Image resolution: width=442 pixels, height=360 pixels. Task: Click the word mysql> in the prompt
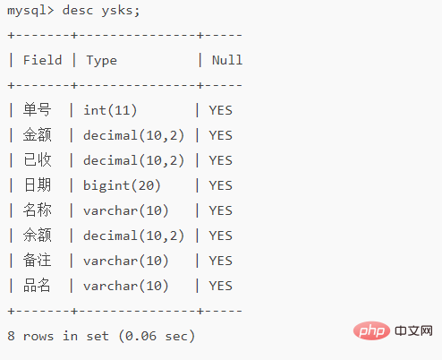click(x=30, y=12)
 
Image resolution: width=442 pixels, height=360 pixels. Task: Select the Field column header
click(x=43, y=60)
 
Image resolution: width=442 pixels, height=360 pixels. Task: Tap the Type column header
click(x=102, y=61)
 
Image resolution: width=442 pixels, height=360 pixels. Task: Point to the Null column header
click(x=227, y=60)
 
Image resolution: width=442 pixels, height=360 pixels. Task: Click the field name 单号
click(x=38, y=109)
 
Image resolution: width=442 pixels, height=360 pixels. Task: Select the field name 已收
click(x=38, y=159)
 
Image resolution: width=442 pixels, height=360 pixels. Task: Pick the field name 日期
click(x=38, y=184)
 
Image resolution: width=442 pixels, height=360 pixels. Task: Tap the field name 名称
click(x=38, y=210)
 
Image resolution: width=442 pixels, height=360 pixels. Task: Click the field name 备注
click(x=38, y=260)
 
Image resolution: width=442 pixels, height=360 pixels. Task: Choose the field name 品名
click(x=38, y=285)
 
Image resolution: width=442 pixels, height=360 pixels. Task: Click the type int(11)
click(x=110, y=110)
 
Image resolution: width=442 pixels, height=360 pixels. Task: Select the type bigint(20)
click(x=122, y=185)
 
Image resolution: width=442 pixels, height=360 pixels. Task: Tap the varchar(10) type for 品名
click(x=126, y=286)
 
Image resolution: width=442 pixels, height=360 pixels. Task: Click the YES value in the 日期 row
click(x=220, y=185)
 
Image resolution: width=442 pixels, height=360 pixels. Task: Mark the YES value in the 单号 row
click(x=220, y=110)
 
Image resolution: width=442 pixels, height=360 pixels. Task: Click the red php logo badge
click(x=371, y=330)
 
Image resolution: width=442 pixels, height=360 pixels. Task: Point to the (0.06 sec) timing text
click(x=157, y=336)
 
